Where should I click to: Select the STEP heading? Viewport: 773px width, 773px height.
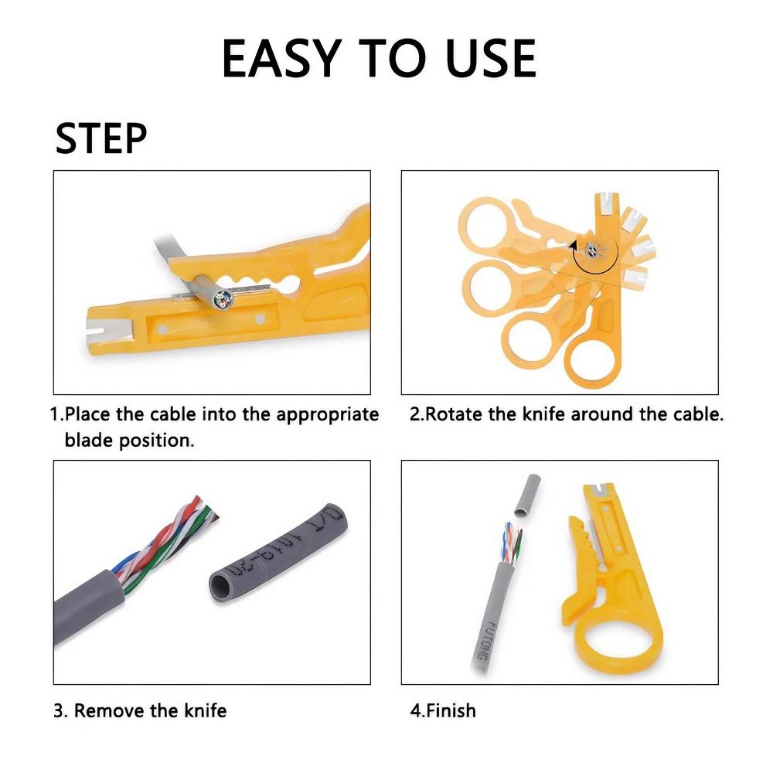[x=101, y=138]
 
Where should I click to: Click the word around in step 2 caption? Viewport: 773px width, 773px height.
[x=604, y=414]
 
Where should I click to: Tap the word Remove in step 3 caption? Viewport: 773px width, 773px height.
[x=109, y=710]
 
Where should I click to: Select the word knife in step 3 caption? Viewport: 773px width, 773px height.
[x=204, y=710]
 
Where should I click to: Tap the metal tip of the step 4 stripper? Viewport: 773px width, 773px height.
[x=596, y=489]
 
